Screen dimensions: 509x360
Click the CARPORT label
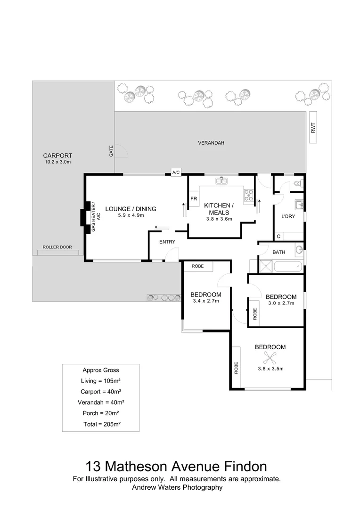coord(57,156)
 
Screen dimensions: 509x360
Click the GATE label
coord(112,151)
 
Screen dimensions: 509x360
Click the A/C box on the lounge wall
coord(176,172)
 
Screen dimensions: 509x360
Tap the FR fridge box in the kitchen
coord(193,199)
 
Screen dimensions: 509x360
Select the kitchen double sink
coord(221,181)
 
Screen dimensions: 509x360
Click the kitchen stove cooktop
coord(249,195)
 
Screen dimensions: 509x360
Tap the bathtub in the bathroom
coord(287,267)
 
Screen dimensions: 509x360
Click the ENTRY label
coord(167,242)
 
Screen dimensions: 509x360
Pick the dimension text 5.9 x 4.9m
coord(131,215)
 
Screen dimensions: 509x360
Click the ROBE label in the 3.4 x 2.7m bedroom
coord(197,266)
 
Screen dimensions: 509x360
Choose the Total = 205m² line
coord(100,424)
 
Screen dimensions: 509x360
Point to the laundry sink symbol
coord(298,205)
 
